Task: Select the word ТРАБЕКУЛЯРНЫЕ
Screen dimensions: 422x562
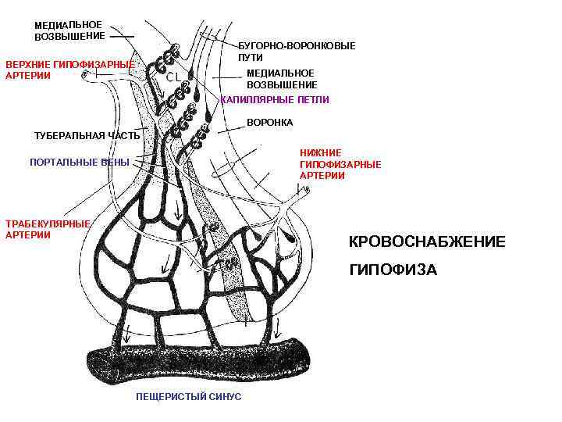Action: click(48, 223)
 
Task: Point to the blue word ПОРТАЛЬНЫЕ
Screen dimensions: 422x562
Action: click(63, 163)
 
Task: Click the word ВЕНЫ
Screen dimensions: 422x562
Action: click(116, 163)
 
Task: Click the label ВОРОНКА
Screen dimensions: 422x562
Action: click(269, 123)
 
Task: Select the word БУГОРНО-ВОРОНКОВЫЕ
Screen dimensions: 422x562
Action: click(297, 46)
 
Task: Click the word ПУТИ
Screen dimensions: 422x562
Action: click(251, 58)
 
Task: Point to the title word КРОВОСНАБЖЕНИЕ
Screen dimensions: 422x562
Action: click(426, 242)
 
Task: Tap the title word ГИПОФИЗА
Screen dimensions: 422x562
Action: click(393, 270)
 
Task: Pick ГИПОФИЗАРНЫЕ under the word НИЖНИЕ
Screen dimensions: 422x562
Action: click(340, 165)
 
